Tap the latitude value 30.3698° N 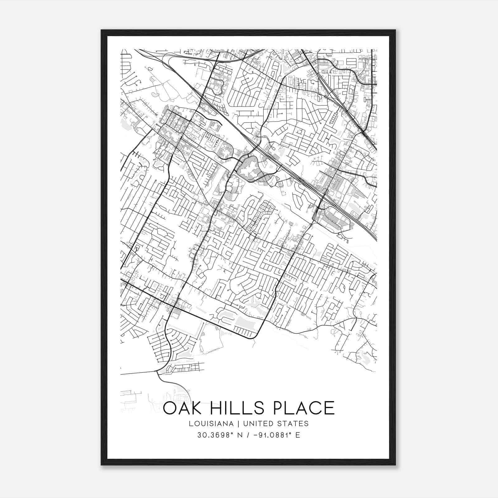(218, 435)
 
